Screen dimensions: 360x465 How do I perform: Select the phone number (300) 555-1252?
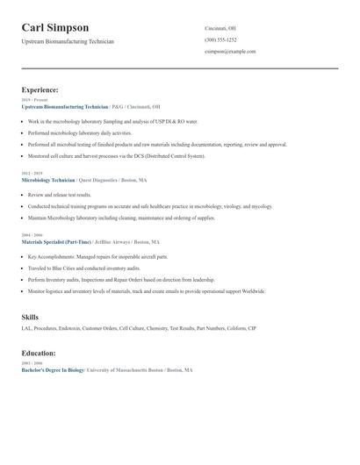tap(220, 39)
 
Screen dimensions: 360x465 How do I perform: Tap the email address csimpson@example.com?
tap(230, 52)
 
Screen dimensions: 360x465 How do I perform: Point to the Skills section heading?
tap(30, 317)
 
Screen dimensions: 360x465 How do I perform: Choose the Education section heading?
tap(39, 354)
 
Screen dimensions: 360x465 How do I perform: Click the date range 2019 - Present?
tap(36, 100)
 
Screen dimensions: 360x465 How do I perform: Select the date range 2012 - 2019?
tap(33, 174)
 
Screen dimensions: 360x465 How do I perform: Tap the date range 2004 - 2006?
tap(32, 235)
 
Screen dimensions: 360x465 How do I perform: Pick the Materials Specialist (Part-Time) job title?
tap(56, 241)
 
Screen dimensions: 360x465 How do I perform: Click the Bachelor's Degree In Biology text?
tap(53, 370)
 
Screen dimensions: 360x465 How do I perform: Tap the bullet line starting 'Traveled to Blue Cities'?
tap(83, 268)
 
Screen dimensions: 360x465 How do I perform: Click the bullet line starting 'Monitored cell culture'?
tap(116, 156)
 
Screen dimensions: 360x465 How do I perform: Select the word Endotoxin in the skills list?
tap(68, 328)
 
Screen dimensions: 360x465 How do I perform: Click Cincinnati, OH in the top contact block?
tap(220, 27)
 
